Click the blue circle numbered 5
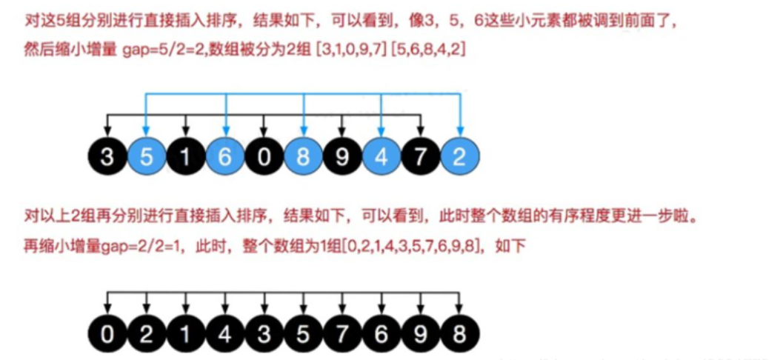coord(147,157)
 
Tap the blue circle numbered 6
coord(224,157)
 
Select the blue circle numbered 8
coord(302,157)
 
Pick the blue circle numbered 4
coord(381,157)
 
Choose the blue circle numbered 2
coord(460,157)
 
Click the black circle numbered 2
coord(147,335)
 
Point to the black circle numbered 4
coord(224,335)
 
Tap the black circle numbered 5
coord(302,335)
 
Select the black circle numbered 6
coord(381,335)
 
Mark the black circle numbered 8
coord(460,335)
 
